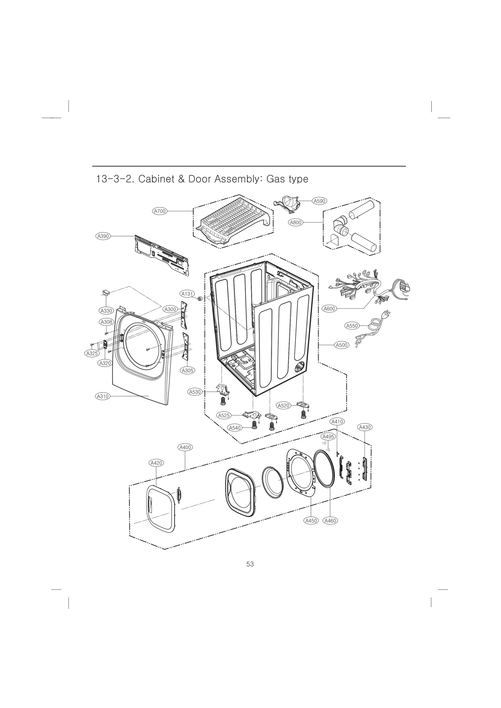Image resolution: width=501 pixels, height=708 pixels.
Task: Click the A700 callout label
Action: [x=160, y=211]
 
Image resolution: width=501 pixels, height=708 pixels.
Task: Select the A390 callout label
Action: [x=103, y=236]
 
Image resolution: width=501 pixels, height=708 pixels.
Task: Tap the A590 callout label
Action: [x=319, y=201]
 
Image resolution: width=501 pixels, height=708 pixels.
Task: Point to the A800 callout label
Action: [x=295, y=222]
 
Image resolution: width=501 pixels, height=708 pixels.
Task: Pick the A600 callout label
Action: [x=329, y=309]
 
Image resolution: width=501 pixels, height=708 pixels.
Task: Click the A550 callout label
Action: [x=352, y=326]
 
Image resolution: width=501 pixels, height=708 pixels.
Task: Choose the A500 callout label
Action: [x=341, y=345]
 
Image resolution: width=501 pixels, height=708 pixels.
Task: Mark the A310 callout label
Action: [x=102, y=396]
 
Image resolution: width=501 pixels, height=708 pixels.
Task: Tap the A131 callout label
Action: [x=188, y=294]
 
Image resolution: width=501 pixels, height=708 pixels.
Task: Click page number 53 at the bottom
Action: [x=250, y=564]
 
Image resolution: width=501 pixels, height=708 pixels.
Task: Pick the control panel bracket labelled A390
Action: [x=161, y=254]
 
